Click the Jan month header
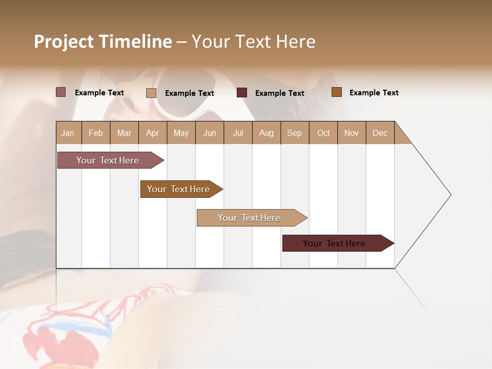pyautogui.click(x=68, y=133)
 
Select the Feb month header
pyautogui.click(x=96, y=133)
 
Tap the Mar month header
pyautogui.click(x=124, y=133)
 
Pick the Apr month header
pyautogui.click(x=153, y=133)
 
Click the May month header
pyautogui.click(x=181, y=133)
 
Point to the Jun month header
pyautogui.click(x=210, y=133)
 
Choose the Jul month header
pyautogui.click(x=238, y=133)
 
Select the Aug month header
pyautogui.click(x=266, y=133)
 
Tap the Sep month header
pyautogui.click(x=295, y=133)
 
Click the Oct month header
pyautogui.click(x=323, y=133)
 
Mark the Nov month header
pyautogui.click(x=352, y=133)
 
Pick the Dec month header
pyautogui.click(x=380, y=133)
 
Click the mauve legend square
pyautogui.click(x=60, y=92)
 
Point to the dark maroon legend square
pyautogui.click(x=242, y=92)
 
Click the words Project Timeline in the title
pyautogui.click(x=103, y=42)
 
